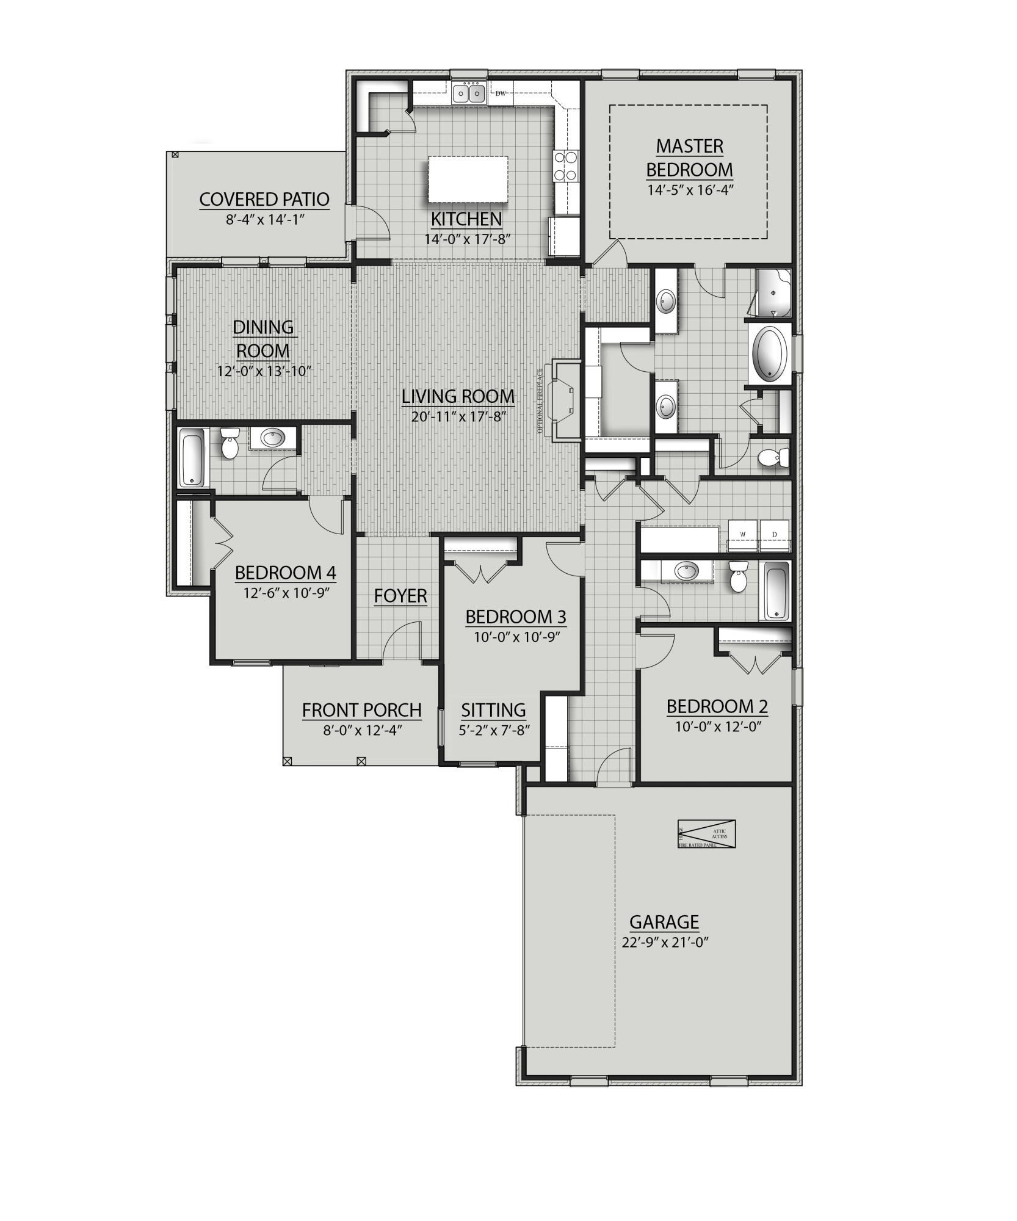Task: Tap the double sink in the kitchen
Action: coord(469,93)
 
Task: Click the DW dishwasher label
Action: coord(501,93)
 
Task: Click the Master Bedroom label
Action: coord(689,158)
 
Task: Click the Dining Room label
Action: coord(262,339)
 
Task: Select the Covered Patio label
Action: coord(264,199)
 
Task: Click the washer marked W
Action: coord(743,534)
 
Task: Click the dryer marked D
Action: coord(775,534)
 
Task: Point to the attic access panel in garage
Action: coord(706,834)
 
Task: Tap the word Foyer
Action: coord(400,596)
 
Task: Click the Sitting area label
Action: coord(493,710)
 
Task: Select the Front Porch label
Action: coord(362,710)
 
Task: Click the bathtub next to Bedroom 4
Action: coord(192,458)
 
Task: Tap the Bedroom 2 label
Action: coord(717,706)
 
